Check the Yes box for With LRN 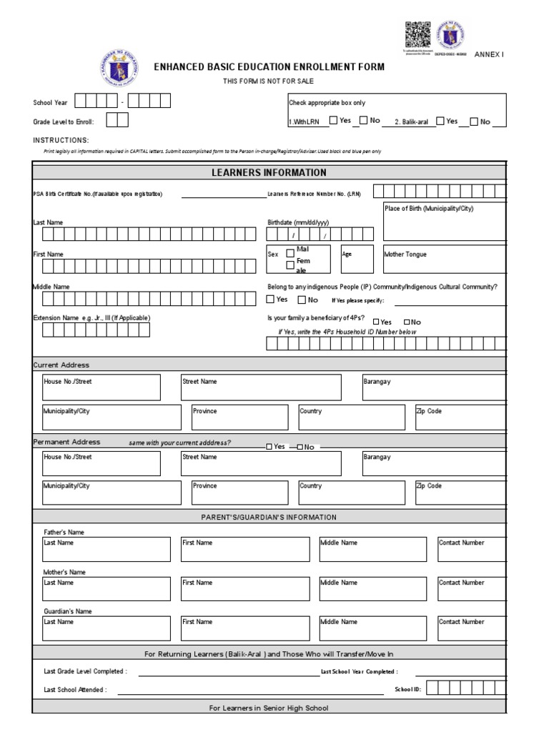point(334,121)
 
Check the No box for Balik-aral point(474,122)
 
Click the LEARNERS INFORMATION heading point(269,172)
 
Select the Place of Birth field point(445,226)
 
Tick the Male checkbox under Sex point(290,252)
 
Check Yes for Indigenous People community point(271,300)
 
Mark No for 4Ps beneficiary point(407,322)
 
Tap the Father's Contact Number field point(473,549)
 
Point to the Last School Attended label point(75,690)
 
